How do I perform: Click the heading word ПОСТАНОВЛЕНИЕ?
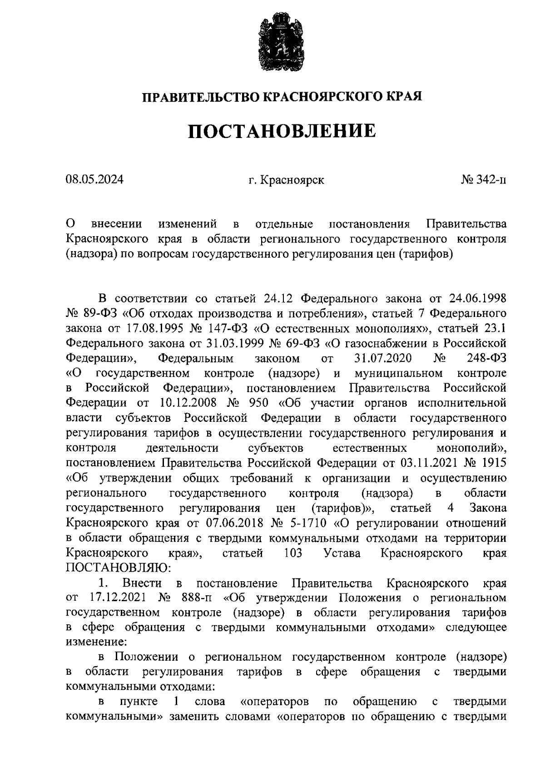pyautogui.click(x=282, y=131)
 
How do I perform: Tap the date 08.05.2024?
pyautogui.click(x=94, y=180)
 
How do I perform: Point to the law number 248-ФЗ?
pyautogui.click(x=486, y=358)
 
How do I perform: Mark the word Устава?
pyautogui.click(x=342, y=553)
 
